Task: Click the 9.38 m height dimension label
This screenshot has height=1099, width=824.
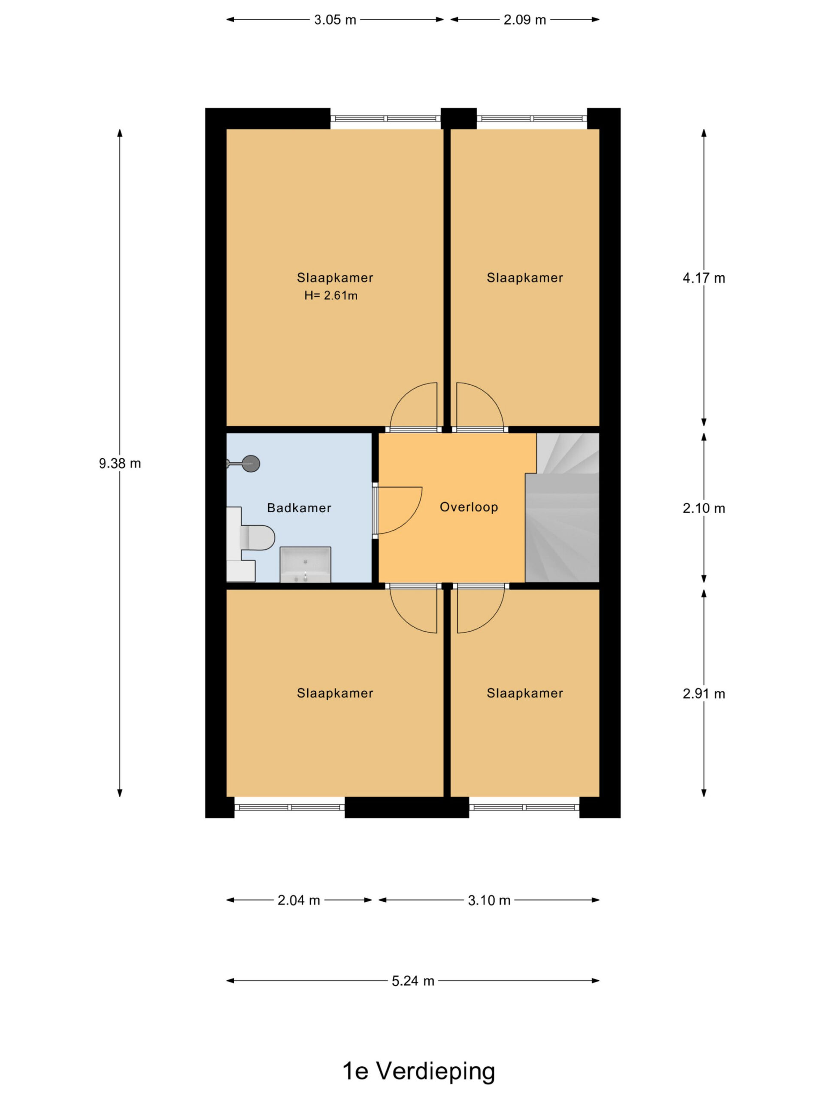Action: coord(120,464)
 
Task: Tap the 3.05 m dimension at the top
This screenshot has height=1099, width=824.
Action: coord(335,20)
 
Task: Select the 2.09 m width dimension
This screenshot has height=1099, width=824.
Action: coord(524,20)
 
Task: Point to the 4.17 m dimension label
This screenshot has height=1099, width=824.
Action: coord(704,278)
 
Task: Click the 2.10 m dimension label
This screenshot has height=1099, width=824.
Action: coord(704,508)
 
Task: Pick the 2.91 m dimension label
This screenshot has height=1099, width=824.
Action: coord(704,694)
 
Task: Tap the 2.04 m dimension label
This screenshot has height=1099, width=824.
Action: coord(299,900)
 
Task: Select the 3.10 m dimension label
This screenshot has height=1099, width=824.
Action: coord(489,900)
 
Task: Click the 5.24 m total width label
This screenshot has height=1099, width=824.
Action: coord(413,981)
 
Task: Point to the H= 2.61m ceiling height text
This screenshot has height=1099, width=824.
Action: coord(331,296)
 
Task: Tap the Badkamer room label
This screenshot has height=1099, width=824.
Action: coord(299,508)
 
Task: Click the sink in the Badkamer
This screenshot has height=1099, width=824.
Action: coord(306,565)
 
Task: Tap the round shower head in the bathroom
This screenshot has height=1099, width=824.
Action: coord(251,464)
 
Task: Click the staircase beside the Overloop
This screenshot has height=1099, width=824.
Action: coord(562,507)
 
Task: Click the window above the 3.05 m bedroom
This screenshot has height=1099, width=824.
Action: coord(385,119)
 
